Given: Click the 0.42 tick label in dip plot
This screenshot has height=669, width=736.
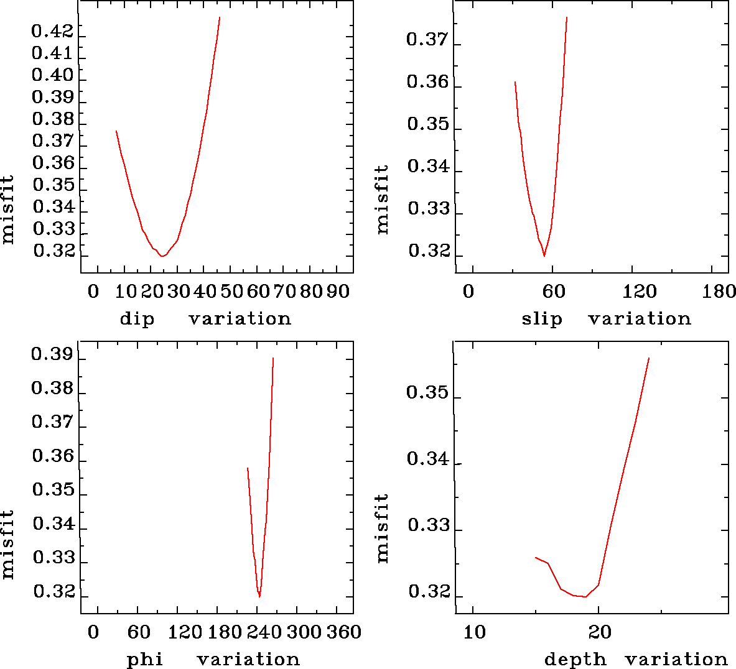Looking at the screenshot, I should click(52, 31).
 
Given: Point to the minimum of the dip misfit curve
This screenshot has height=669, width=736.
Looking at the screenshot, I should click(162, 256).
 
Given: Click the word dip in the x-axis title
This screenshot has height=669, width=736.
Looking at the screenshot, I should click(136, 319).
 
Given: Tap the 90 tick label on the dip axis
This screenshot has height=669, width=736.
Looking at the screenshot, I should click(338, 291).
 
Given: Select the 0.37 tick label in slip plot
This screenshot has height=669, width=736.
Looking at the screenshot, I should click(427, 40).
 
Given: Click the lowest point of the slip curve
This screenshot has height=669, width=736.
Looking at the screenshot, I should click(544, 256).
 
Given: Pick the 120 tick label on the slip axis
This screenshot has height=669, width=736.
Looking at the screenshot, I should click(640, 291).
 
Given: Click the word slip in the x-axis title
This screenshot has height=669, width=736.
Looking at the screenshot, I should click(541, 319).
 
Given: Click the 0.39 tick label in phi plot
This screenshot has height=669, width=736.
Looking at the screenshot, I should click(52, 356).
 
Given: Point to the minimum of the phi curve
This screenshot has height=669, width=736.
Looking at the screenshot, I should click(259, 596).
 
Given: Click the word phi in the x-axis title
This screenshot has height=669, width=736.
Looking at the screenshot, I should click(145, 659).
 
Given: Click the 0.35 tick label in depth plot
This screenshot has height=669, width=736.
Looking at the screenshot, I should click(427, 393).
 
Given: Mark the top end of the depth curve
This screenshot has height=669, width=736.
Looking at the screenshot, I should click(649, 358).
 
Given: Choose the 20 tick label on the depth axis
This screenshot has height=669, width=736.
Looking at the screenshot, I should click(600, 632).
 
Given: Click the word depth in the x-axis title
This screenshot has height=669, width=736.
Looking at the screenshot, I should click(575, 659).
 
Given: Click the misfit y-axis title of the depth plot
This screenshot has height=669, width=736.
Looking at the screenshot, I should click(383, 528).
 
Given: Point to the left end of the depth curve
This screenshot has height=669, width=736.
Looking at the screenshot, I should click(535, 557).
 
